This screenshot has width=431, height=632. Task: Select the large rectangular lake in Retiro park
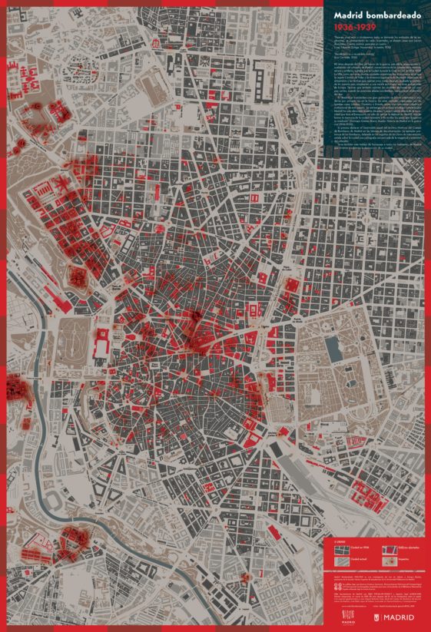[334, 349]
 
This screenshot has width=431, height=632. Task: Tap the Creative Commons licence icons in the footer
[339, 591]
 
